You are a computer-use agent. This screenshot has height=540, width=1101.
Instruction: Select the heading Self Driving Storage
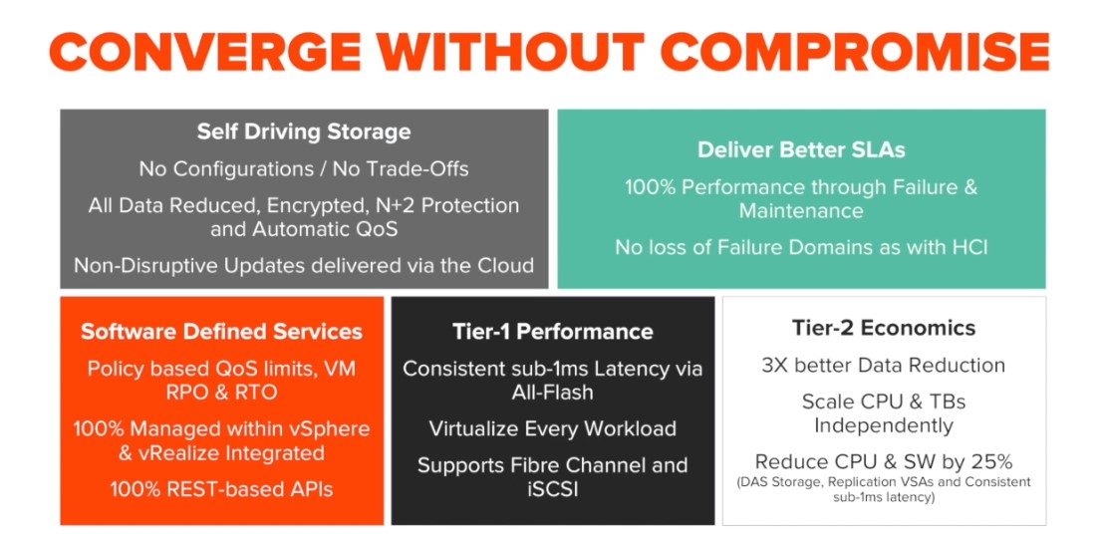point(303,133)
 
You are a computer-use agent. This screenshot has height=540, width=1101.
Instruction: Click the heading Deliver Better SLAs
point(801,150)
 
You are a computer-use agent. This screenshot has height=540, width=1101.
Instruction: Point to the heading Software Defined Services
point(222,332)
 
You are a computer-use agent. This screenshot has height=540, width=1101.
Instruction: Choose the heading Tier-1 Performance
point(553,332)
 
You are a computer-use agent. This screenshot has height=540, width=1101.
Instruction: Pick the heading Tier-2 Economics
point(884,328)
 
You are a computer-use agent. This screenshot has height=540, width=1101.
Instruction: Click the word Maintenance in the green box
point(801,210)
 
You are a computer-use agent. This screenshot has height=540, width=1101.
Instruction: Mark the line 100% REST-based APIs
point(221,489)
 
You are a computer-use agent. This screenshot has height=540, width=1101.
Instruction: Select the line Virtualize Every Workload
point(553,428)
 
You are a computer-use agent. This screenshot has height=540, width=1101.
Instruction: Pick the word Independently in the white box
point(884,425)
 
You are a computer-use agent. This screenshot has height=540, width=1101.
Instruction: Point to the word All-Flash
point(553,392)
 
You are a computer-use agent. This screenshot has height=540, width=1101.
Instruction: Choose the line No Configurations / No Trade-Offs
point(304,169)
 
